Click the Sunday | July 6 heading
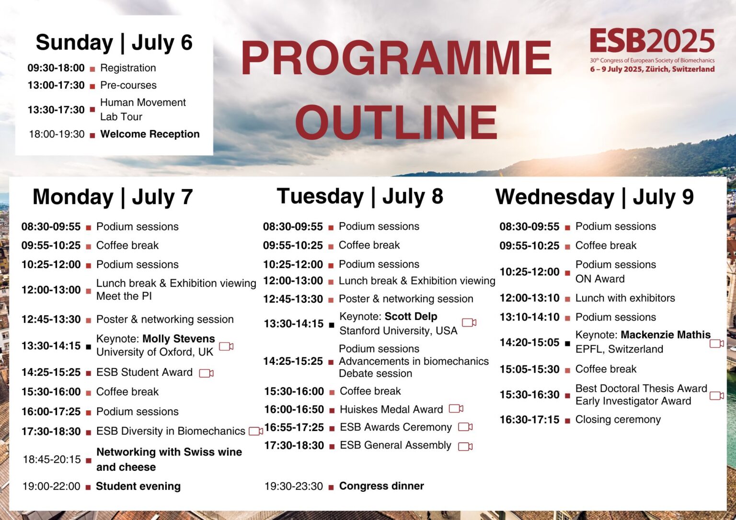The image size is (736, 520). tap(114, 43)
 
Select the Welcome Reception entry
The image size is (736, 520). tap(149, 134)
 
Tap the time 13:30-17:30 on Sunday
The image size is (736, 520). tap(56, 110)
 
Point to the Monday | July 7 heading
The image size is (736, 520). tap(113, 197)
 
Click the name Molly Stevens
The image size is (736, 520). tap(179, 339)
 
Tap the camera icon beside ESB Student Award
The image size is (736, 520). tap(207, 373)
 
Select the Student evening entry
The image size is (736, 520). tap(138, 486)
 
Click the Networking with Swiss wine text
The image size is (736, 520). tap(169, 452)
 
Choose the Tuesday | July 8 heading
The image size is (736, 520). tap(360, 196)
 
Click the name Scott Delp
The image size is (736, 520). tap(411, 317)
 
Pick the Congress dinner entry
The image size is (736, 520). tap(381, 486)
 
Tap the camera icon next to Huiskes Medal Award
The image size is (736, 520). tap(456, 409)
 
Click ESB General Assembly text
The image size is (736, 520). tap(395, 445)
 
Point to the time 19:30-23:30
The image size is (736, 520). tap(294, 486)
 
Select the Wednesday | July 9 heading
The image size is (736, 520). tap(594, 197)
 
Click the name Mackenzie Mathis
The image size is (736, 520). tap(666, 335)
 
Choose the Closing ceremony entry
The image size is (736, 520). tap(618, 419)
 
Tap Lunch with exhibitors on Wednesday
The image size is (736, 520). tap(625, 298)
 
